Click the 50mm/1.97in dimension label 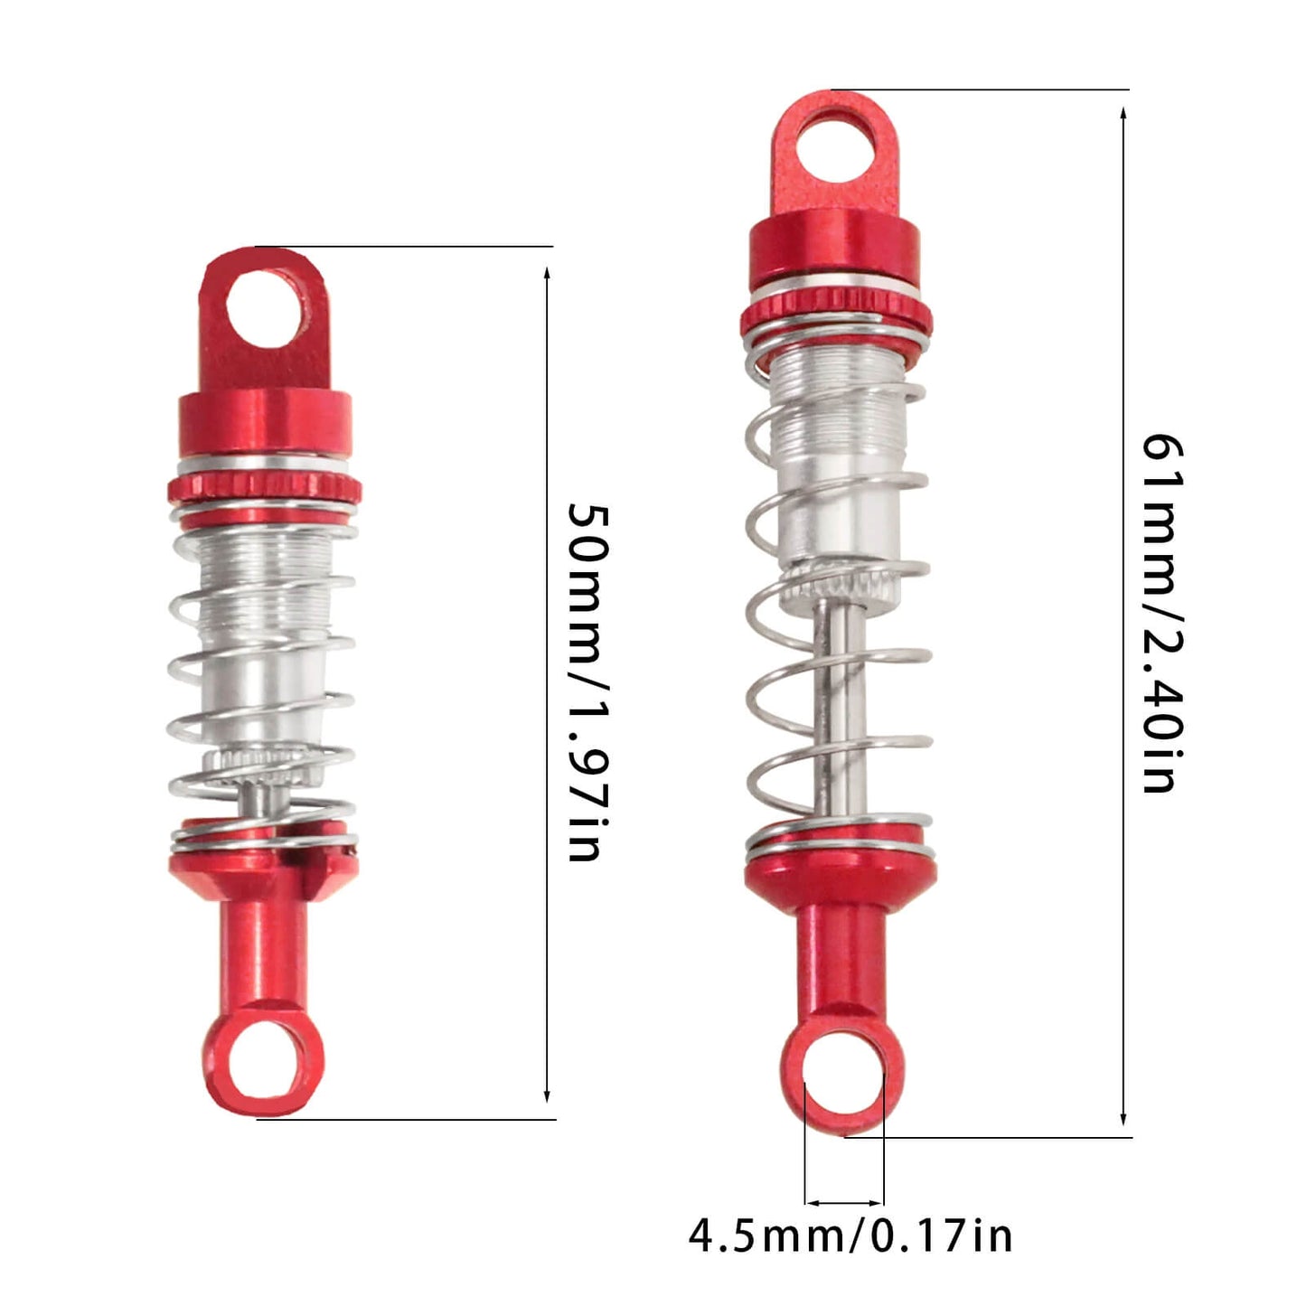588,682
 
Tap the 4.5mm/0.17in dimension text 850,1236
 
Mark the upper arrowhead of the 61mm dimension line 1123,114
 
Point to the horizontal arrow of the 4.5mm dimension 843,1203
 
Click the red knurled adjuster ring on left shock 264,490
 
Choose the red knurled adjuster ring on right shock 835,315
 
